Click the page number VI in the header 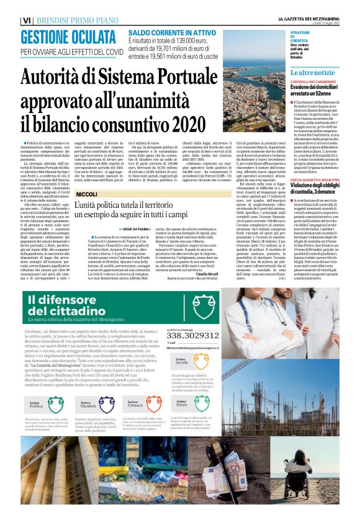26,20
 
